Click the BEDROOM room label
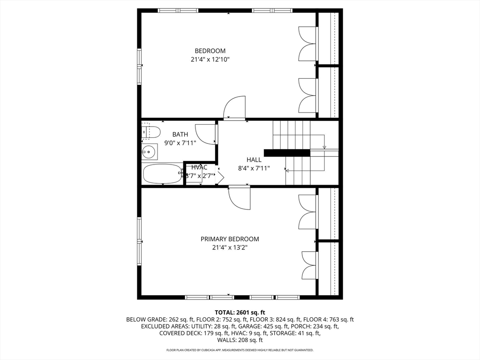pyautogui.click(x=210, y=51)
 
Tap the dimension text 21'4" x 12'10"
pyautogui.click(x=210, y=60)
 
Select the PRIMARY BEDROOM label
pyautogui.click(x=230, y=239)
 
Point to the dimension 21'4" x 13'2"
pyautogui.click(x=230, y=247)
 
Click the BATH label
pyautogui.click(x=180, y=134)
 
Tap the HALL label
pyautogui.click(x=254, y=159)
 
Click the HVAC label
pyautogui.click(x=199, y=167)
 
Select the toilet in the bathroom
pyautogui.click(x=151, y=132)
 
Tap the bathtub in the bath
pyautogui.click(x=162, y=173)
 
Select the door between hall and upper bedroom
pyautogui.click(x=235, y=108)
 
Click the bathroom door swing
pyautogui.click(x=205, y=134)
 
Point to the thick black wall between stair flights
pyautogui.click(x=286, y=152)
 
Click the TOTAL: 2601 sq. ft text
pyautogui.click(x=240, y=312)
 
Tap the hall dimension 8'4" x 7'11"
pyautogui.click(x=254, y=168)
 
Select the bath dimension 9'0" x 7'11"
pyautogui.click(x=180, y=142)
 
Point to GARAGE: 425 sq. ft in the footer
pyautogui.click(x=270, y=326)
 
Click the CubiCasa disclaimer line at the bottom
pyautogui.click(x=240, y=350)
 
